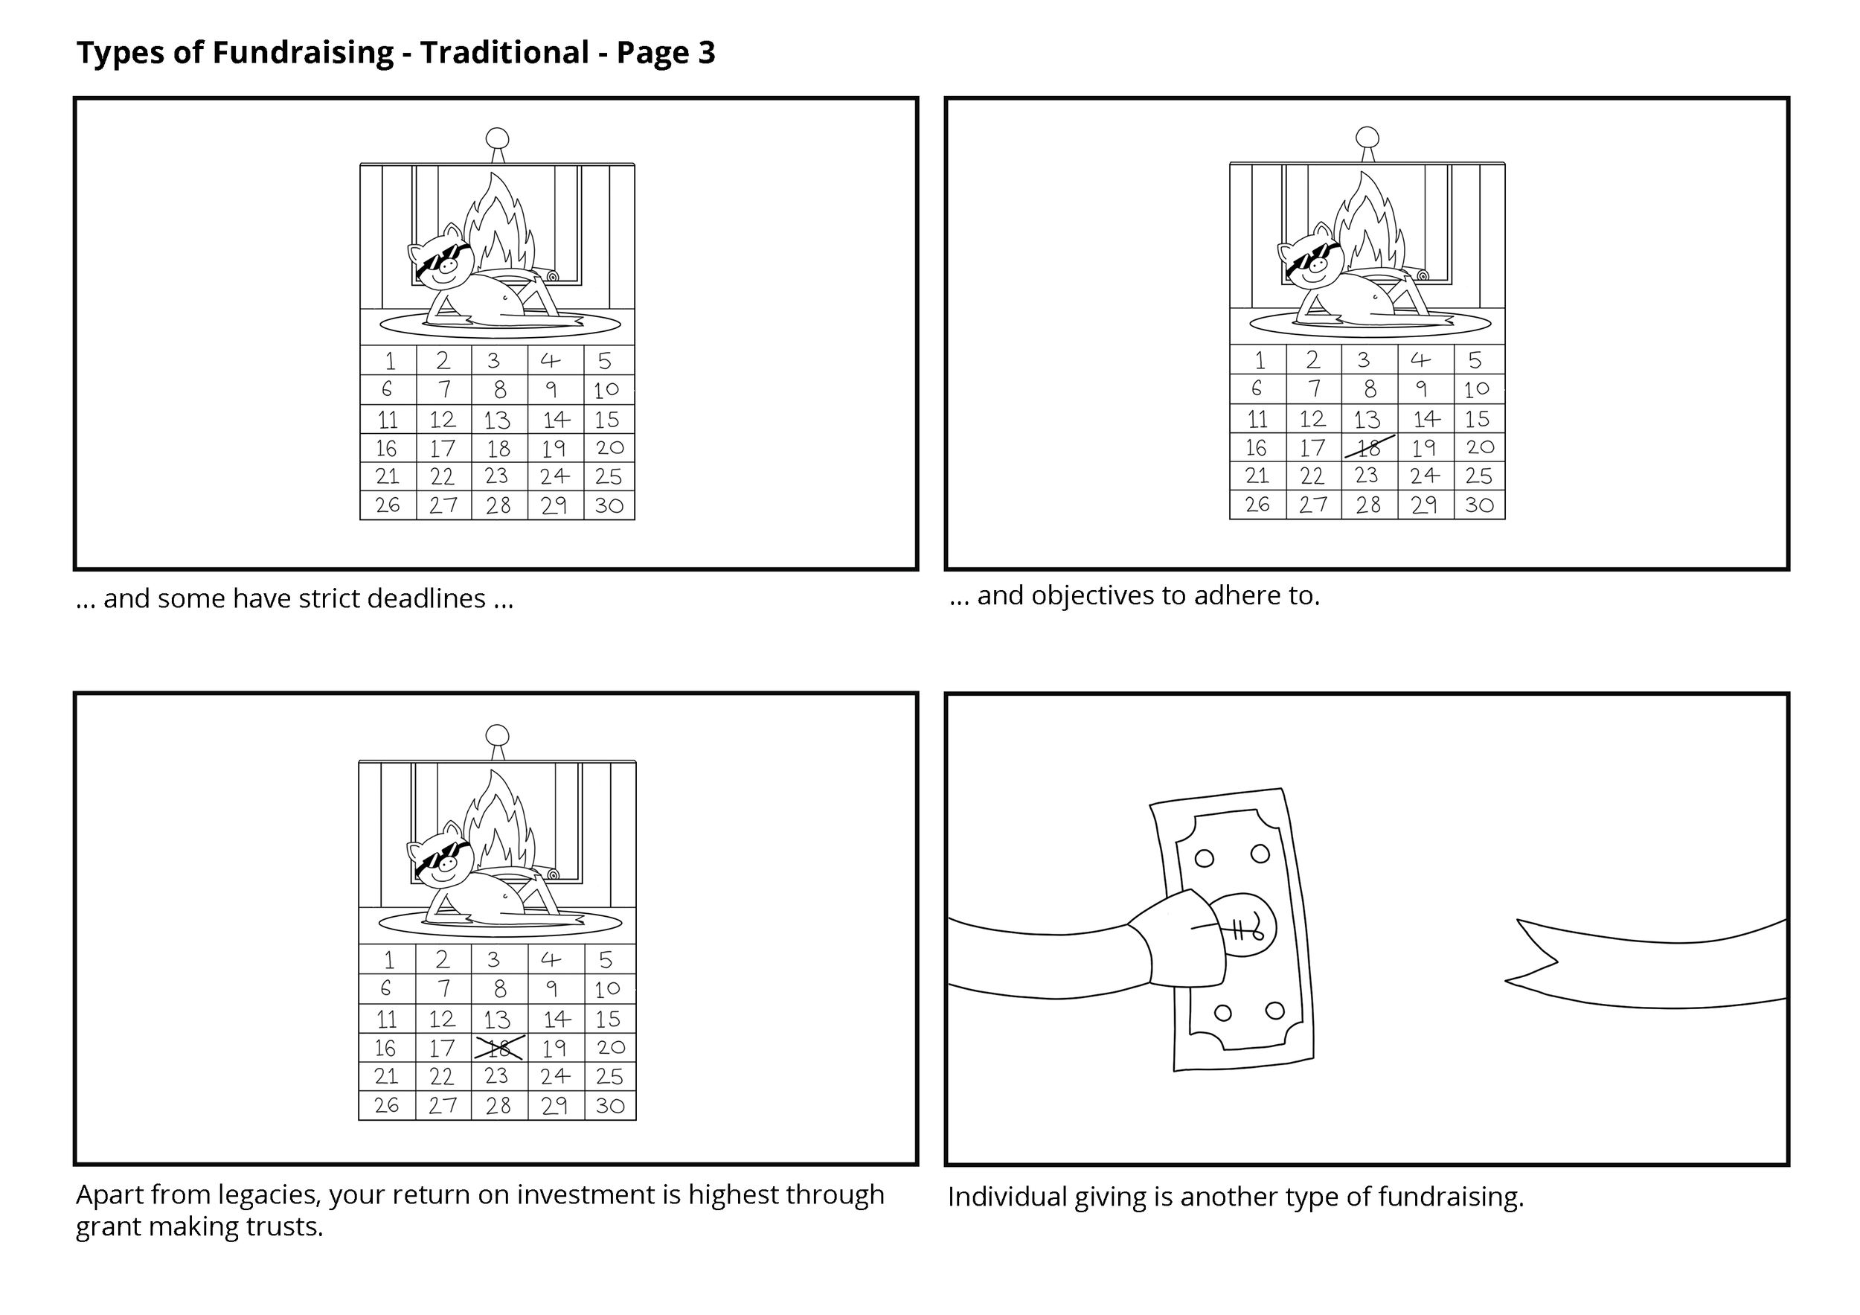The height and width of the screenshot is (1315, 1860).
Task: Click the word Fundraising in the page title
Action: pos(303,53)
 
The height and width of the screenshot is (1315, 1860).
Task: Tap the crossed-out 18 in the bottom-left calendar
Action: pos(499,1048)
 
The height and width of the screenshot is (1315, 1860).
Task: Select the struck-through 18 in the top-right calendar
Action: pos(1369,447)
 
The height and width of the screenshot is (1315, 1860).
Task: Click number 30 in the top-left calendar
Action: pos(609,505)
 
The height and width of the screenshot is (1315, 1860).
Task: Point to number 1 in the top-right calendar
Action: pos(1259,359)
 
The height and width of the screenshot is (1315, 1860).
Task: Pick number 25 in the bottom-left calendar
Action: pos(609,1077)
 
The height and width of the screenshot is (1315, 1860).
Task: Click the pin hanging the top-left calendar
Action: pos(498,138)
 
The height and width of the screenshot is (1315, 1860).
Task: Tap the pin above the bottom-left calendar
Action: pos(498,736)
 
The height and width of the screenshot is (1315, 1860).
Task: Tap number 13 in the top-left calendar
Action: pos(498,420)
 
